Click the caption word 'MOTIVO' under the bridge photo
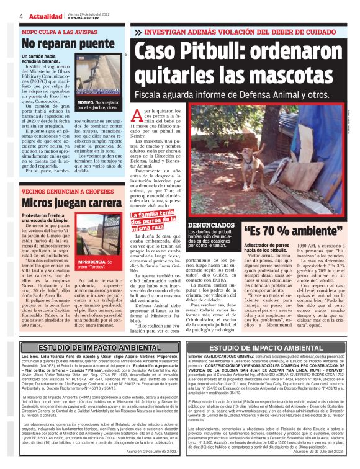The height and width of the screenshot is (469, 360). pos(85,100)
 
